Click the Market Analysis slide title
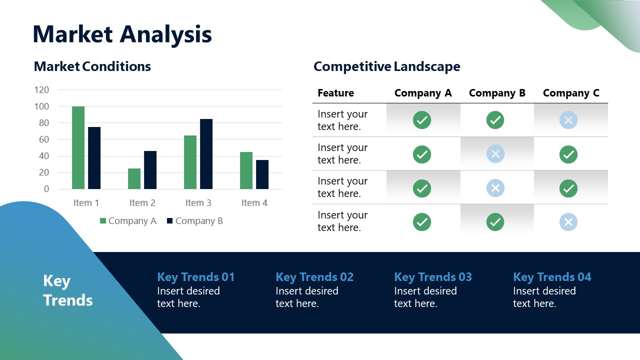(122, 34)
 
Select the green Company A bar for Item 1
(78, 147)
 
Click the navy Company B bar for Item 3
(206, 154)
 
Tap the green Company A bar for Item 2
(134, 178)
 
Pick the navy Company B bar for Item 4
(262, 174)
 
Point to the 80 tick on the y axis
(42, 123)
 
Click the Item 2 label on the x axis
(142, 203)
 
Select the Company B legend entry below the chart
(194, 221)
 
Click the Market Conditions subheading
(92, 66)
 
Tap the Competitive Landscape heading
(386, 66)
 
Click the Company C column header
(570, 93)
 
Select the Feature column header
(335, 93)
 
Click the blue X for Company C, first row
(568, 120)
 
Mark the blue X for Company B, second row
(495, 154)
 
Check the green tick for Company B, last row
(495, 222)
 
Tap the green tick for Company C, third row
(568, 188)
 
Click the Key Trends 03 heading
(432, 277)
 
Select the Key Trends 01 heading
(195, 277)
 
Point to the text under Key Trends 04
(544, 297)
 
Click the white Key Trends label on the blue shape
(67, 290)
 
